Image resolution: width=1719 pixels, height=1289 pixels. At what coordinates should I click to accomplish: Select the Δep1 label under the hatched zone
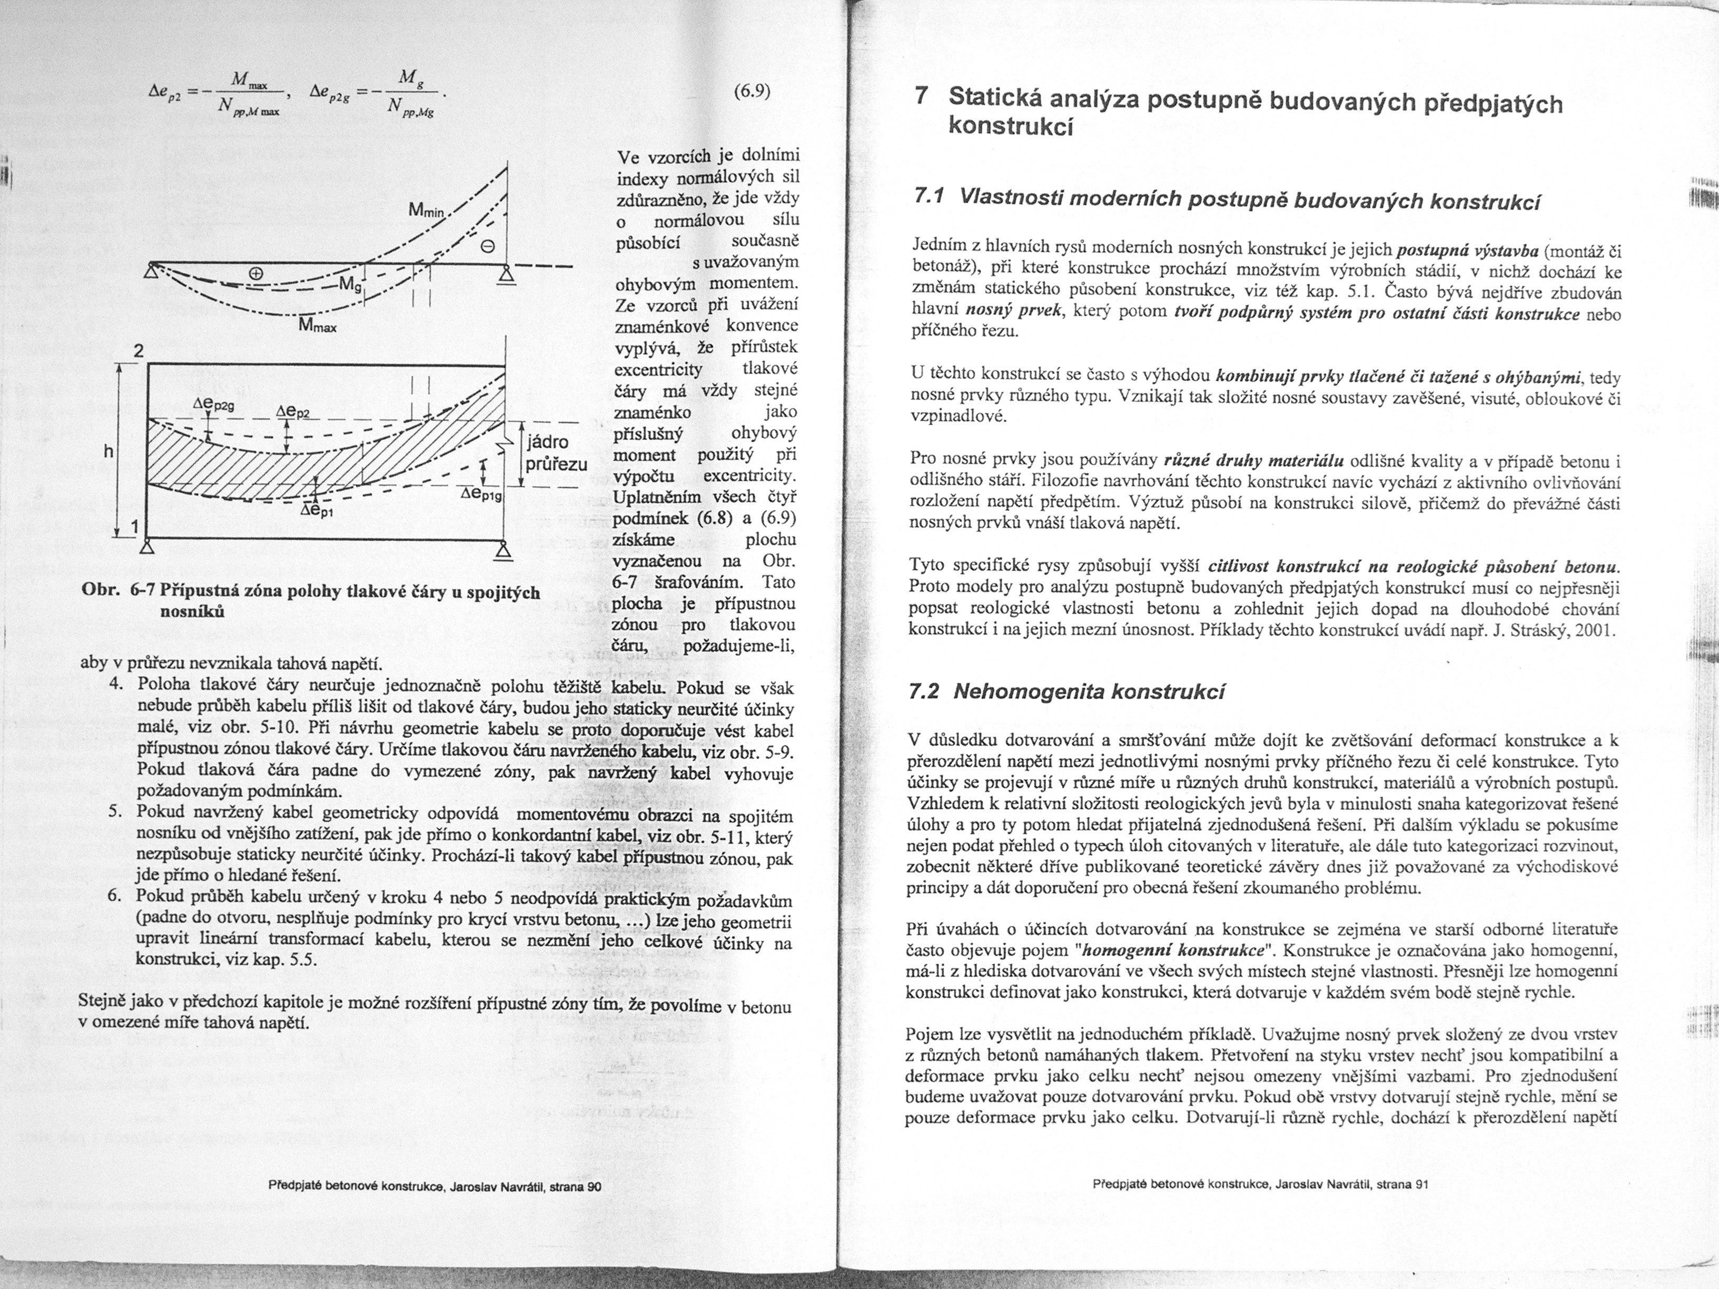[x=319, y=512]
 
